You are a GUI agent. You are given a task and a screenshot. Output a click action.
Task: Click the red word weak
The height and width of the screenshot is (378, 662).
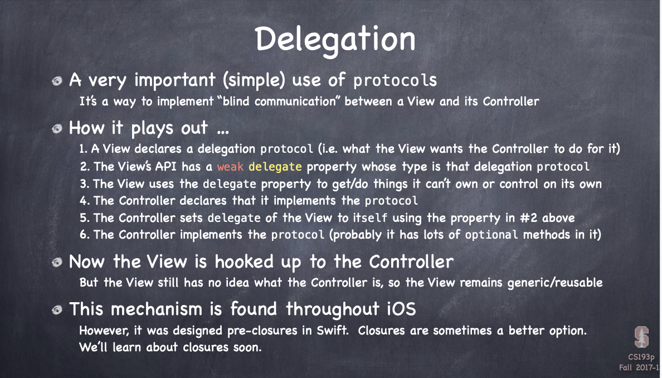230,167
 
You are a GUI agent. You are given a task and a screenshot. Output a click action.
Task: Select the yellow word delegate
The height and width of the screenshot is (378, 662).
275,167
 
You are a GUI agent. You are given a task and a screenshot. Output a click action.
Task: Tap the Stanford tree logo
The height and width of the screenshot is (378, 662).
641,337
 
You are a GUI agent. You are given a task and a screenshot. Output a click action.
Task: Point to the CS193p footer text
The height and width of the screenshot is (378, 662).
641,357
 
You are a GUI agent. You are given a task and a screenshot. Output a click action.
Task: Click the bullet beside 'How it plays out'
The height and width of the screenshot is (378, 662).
57,128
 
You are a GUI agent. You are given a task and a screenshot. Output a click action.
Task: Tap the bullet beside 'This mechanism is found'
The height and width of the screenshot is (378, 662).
57,311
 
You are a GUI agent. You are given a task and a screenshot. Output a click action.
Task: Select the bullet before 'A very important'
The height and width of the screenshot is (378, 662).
57,81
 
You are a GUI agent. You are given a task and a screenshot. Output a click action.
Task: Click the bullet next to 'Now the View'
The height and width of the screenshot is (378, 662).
57,263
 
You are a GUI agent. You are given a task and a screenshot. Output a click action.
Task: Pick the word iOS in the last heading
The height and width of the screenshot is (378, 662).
402,309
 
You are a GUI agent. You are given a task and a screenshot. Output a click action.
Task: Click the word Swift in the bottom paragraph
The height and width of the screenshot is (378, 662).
332,330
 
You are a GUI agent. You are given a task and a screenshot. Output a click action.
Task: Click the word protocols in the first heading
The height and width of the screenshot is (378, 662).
395,81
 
